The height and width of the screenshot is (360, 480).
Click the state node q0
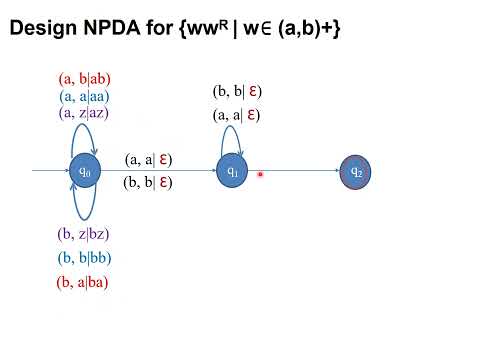[85, 172]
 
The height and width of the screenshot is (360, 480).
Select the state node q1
[232, 172]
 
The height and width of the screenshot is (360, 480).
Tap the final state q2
[355, 172]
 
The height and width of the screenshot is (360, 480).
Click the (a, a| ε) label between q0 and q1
[148, 159]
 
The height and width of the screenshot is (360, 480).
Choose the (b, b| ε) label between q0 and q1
[148, 182]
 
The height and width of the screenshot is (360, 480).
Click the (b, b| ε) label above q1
[237, 91]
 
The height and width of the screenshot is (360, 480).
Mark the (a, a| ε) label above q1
[237, 115]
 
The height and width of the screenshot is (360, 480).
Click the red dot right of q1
[260, 175]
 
